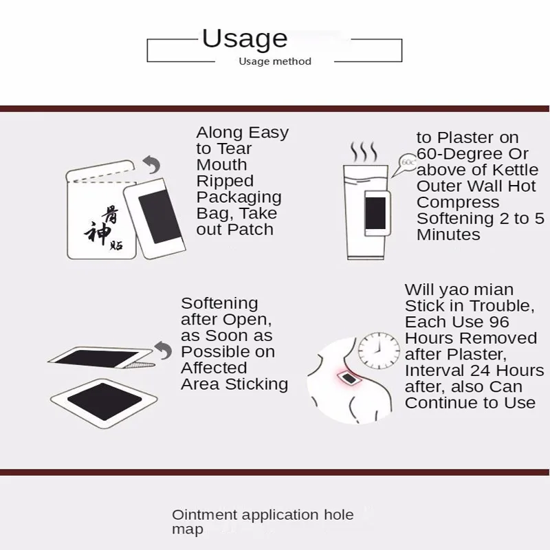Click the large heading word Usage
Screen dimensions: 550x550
(244, 39)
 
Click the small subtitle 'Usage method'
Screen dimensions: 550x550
(275, 61)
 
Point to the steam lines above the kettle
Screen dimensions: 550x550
(364, 151)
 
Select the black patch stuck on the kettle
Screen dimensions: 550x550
(377, 212)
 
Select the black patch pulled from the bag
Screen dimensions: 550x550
(159, 209)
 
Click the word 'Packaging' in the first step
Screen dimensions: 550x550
(239, 197)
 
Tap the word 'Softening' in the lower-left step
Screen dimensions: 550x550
(210, 303)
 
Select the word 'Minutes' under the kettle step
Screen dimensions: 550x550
(448, 234)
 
